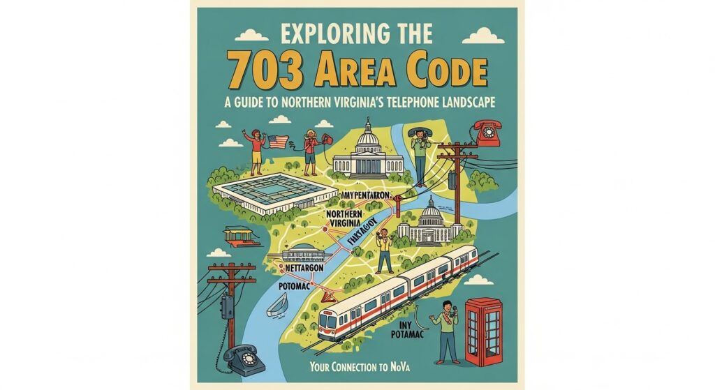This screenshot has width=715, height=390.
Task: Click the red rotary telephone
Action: click(x=486, y=133)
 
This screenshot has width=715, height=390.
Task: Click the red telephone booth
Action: click(x=485, y=332)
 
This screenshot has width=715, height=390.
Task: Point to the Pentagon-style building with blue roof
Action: click(x=258, y=190)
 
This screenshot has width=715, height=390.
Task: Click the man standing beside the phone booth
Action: click(x=445, y=330)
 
